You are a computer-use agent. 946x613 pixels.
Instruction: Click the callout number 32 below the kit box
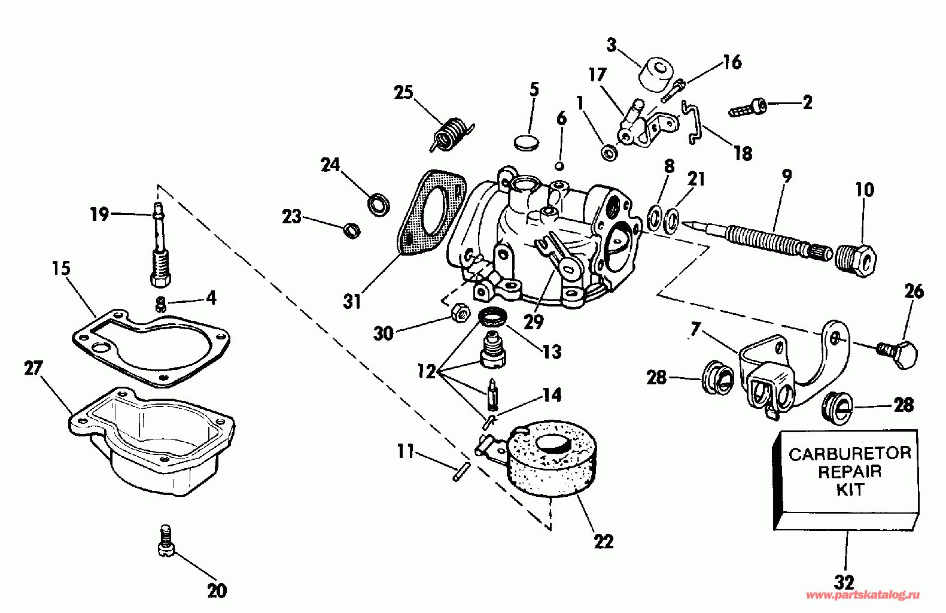pos(844,581)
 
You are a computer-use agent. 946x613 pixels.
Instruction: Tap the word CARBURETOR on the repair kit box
pos(850,454)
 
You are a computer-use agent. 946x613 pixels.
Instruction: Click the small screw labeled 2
pos(747,108)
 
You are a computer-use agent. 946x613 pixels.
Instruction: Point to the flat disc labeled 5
pos(527,142)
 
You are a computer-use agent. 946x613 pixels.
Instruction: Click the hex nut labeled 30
pos(459,312)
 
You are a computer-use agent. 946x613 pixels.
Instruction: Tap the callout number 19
pos(99,214)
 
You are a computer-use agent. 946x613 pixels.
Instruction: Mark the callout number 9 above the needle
pos(786,176)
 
